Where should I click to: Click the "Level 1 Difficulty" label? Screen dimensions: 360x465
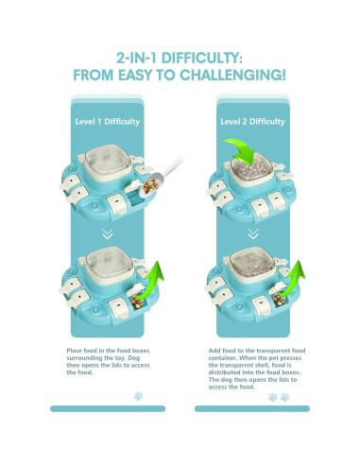point(108,122)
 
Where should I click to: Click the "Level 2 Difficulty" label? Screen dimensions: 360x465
point(252,122)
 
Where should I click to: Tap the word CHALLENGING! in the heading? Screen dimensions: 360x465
point(232,75)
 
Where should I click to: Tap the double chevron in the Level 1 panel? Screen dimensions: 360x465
point(108,233)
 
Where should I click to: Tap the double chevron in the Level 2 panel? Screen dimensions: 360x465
point(253,233)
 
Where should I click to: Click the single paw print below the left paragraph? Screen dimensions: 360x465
point(138,396)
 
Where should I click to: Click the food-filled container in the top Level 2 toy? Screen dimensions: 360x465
point(252,169)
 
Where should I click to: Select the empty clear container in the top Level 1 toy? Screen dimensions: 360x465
point(108,163)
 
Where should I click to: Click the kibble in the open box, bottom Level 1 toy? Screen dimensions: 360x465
point(137,301)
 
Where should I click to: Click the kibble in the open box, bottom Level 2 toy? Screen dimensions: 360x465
point(279,300)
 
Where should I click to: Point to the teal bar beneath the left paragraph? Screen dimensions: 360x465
point(108,408)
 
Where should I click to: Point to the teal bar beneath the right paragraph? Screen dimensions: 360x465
point(252,408)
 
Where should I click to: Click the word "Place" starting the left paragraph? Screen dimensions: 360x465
point(74,351)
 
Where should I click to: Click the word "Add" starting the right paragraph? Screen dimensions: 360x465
point(214,351)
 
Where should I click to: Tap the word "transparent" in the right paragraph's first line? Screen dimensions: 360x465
point(273,351)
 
